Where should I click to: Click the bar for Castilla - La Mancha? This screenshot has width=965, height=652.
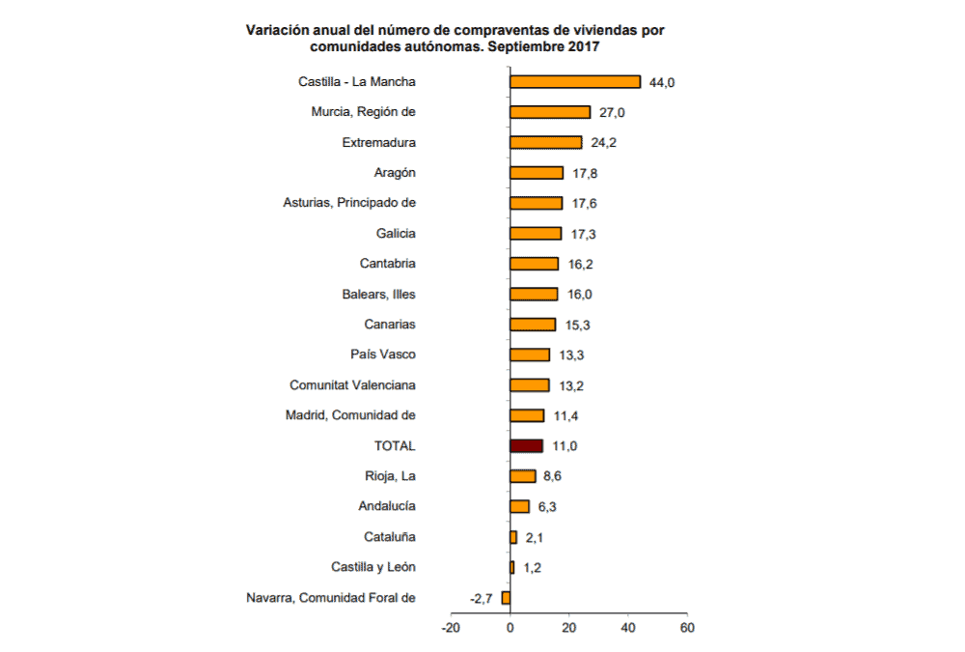575,82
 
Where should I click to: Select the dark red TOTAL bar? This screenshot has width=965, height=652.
526,445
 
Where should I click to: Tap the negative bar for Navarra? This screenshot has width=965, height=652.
506,597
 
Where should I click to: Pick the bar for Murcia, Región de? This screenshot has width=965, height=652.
550,112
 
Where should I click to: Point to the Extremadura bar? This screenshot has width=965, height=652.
545,142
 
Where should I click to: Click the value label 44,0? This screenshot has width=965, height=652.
662,83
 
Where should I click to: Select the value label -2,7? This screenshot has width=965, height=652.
481,598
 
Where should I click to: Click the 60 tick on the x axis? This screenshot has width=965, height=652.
686,627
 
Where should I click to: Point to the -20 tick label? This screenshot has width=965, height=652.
451,627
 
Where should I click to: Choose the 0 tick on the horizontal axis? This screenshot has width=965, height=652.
510,627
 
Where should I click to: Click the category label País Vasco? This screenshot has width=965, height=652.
383,354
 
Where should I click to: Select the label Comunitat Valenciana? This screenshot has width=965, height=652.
352,384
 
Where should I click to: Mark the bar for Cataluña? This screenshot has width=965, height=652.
513,536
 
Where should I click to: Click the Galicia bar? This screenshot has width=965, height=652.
536,233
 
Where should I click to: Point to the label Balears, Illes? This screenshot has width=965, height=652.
378,294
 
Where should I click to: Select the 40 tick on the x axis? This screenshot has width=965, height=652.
627,627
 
